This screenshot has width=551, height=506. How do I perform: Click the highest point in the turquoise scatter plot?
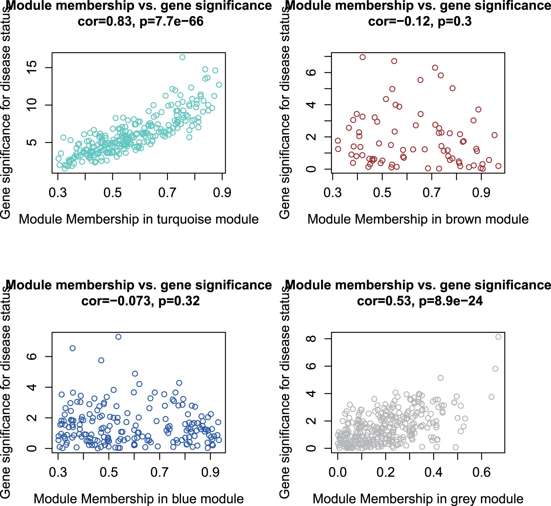182,57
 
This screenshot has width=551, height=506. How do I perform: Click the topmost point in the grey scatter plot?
498,337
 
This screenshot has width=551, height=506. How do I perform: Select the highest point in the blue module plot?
118,337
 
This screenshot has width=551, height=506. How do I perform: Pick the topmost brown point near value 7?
363,57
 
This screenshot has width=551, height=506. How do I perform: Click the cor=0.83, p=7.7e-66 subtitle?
140,22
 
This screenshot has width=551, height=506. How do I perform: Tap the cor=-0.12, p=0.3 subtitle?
420,22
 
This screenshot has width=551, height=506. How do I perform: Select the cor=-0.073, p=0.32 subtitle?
140,301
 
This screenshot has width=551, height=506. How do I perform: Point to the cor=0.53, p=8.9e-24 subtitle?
420,301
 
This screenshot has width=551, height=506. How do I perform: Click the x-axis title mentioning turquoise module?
139,220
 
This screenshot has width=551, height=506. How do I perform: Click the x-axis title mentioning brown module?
418,220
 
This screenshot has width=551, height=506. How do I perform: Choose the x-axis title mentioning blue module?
139,499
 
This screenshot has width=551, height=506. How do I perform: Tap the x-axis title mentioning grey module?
418,499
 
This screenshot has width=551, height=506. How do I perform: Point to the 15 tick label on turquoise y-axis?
32,68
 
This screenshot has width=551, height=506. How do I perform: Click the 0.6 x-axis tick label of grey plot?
481,472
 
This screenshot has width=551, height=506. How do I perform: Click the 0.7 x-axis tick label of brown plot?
431,193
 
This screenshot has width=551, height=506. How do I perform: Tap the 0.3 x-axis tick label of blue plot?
58,472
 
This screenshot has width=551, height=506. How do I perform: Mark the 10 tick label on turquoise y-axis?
32,105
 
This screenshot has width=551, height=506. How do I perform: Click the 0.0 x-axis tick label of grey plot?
338,472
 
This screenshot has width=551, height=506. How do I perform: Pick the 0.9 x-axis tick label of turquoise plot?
222,193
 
